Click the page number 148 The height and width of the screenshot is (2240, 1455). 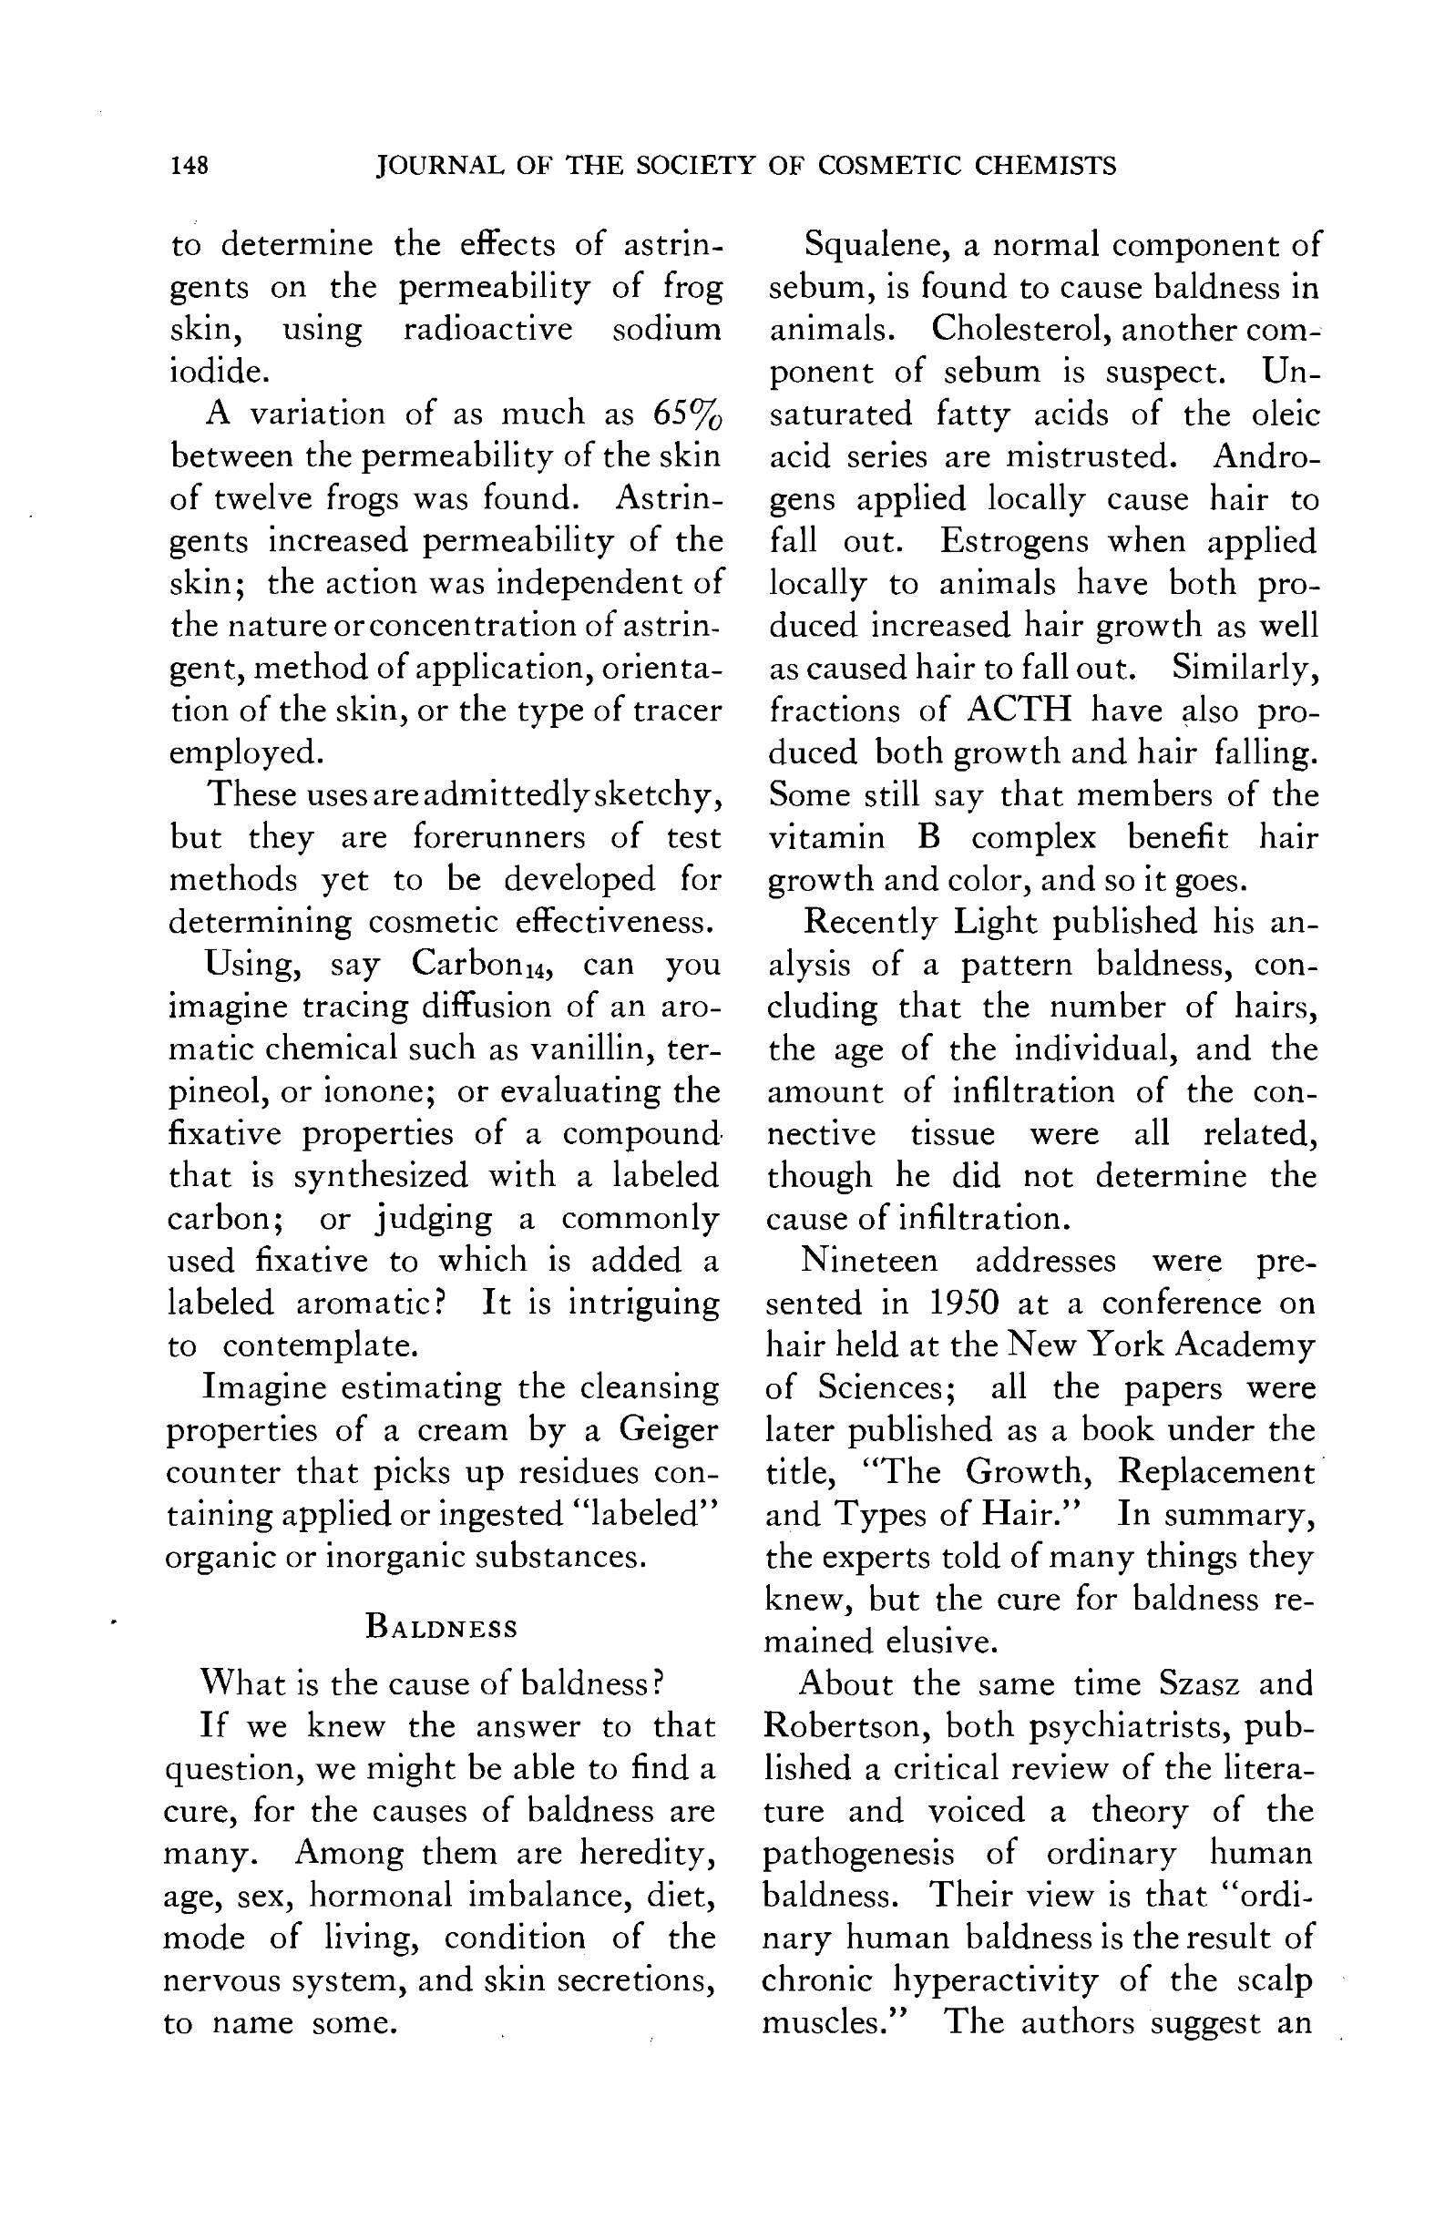(x=190, y=166)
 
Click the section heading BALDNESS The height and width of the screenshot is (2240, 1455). (x=441, y=1627)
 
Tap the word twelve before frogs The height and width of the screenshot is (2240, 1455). (x=261, y=498)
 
